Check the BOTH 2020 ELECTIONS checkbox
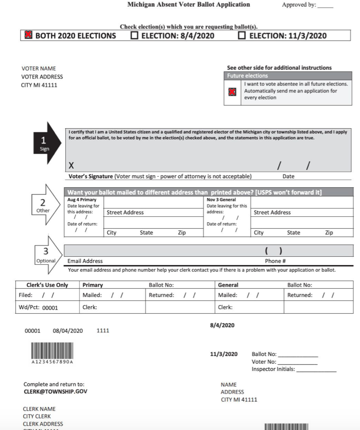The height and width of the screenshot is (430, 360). [x=28, y=35]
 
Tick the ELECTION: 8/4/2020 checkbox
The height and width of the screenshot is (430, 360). [x=135, y=36]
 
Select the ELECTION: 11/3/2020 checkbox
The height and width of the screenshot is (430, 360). [x=242, y=36]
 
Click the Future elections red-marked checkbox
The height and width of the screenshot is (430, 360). [x=232, y=92]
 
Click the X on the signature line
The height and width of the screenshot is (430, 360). [x=71, y=166]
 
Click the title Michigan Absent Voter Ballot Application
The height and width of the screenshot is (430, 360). [x=189, y=5]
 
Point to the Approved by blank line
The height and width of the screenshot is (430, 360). [x=325, y=6]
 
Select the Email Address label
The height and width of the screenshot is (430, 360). [x=85, y=261]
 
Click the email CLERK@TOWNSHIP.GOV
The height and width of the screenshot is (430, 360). [x=55, y=391]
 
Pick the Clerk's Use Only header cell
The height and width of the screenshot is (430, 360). [x=47, y=285]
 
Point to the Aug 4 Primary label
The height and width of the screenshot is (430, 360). [x=77, y=200]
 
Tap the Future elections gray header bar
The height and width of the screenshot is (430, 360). [x=288, y=76]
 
